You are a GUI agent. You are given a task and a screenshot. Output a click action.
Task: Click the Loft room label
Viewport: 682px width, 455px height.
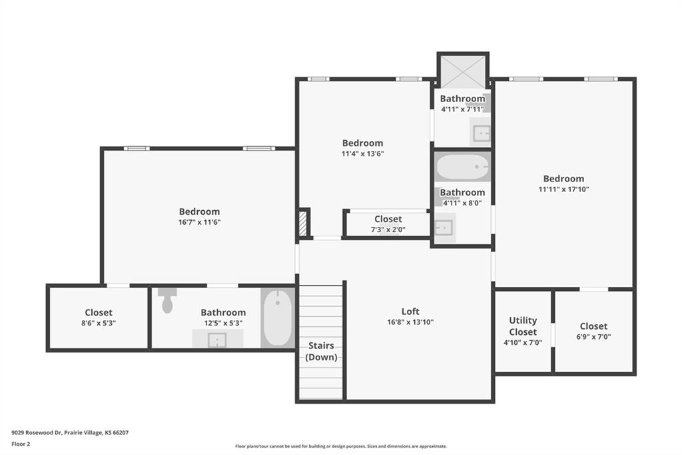[410, 312]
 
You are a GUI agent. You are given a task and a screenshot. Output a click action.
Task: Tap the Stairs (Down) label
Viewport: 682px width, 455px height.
[321, 352]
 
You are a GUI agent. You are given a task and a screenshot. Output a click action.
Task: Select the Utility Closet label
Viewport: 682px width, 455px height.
[523, 326]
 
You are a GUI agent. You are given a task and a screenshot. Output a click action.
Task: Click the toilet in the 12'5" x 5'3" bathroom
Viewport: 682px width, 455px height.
[167, 300]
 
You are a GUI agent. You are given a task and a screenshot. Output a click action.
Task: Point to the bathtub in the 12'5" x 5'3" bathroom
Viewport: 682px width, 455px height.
[277, 318]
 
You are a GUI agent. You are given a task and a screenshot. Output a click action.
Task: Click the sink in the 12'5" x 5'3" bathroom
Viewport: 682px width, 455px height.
[217, 340]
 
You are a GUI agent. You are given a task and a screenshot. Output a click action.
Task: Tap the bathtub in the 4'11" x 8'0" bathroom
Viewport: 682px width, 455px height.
[462, 167]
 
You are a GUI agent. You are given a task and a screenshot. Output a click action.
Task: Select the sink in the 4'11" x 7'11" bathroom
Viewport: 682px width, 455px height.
[481, 133]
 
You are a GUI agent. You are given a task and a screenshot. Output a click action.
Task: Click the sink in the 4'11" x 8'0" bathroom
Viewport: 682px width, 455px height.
[444, 227]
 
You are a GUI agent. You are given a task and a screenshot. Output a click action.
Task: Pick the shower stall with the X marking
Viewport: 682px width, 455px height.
[463, 71]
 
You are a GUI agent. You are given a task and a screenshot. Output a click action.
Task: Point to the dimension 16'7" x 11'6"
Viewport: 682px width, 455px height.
[200, 222]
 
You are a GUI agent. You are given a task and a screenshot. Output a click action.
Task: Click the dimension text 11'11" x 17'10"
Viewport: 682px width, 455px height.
[563, 189]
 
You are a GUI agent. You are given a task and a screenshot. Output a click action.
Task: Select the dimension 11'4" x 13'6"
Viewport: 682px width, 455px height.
[363, 153]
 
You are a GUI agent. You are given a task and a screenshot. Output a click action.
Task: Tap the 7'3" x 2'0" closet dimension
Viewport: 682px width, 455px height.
[388, 230]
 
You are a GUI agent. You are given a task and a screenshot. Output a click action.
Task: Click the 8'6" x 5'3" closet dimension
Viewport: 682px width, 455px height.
[99, 324]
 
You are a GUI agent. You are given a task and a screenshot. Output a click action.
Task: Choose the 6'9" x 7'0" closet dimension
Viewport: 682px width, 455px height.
[593, 337]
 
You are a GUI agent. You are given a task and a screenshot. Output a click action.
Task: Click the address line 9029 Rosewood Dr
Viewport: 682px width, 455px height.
[70, 433]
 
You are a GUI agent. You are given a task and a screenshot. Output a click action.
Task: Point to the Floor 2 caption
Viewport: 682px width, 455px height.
[21, 444]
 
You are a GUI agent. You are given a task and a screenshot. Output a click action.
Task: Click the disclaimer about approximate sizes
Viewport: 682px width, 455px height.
[341, 446]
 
